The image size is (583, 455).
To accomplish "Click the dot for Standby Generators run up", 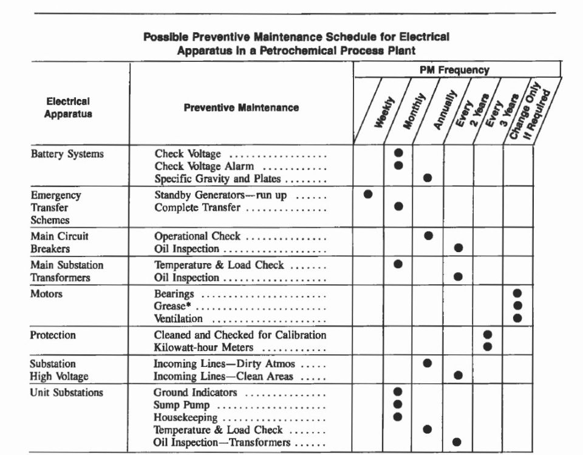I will coord(368,194).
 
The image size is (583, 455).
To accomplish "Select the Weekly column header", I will coord(385,112).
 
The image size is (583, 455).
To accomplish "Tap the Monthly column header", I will coord(414,111).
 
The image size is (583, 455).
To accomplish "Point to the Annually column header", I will coord(445,112).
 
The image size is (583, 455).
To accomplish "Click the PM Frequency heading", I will coord(455,70).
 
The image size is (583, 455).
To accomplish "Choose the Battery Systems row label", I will coord(67,154).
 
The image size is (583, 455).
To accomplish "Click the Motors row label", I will coord(47,294).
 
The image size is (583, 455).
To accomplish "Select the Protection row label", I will coord(53,335).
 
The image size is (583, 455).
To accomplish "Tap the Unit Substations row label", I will coord(67,392).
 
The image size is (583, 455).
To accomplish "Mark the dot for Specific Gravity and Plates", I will coord(428,178).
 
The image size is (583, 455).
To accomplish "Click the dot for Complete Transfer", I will coord(398,207).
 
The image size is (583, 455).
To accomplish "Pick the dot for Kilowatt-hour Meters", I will coord(487,347).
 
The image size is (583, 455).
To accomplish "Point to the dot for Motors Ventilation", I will coord(517,318).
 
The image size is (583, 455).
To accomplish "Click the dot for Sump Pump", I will coord(398,404).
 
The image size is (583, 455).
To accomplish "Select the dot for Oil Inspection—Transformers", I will coord(457,442).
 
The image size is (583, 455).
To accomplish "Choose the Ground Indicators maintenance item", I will coord(196,392).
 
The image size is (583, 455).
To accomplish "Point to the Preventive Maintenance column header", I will coord(241,108).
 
